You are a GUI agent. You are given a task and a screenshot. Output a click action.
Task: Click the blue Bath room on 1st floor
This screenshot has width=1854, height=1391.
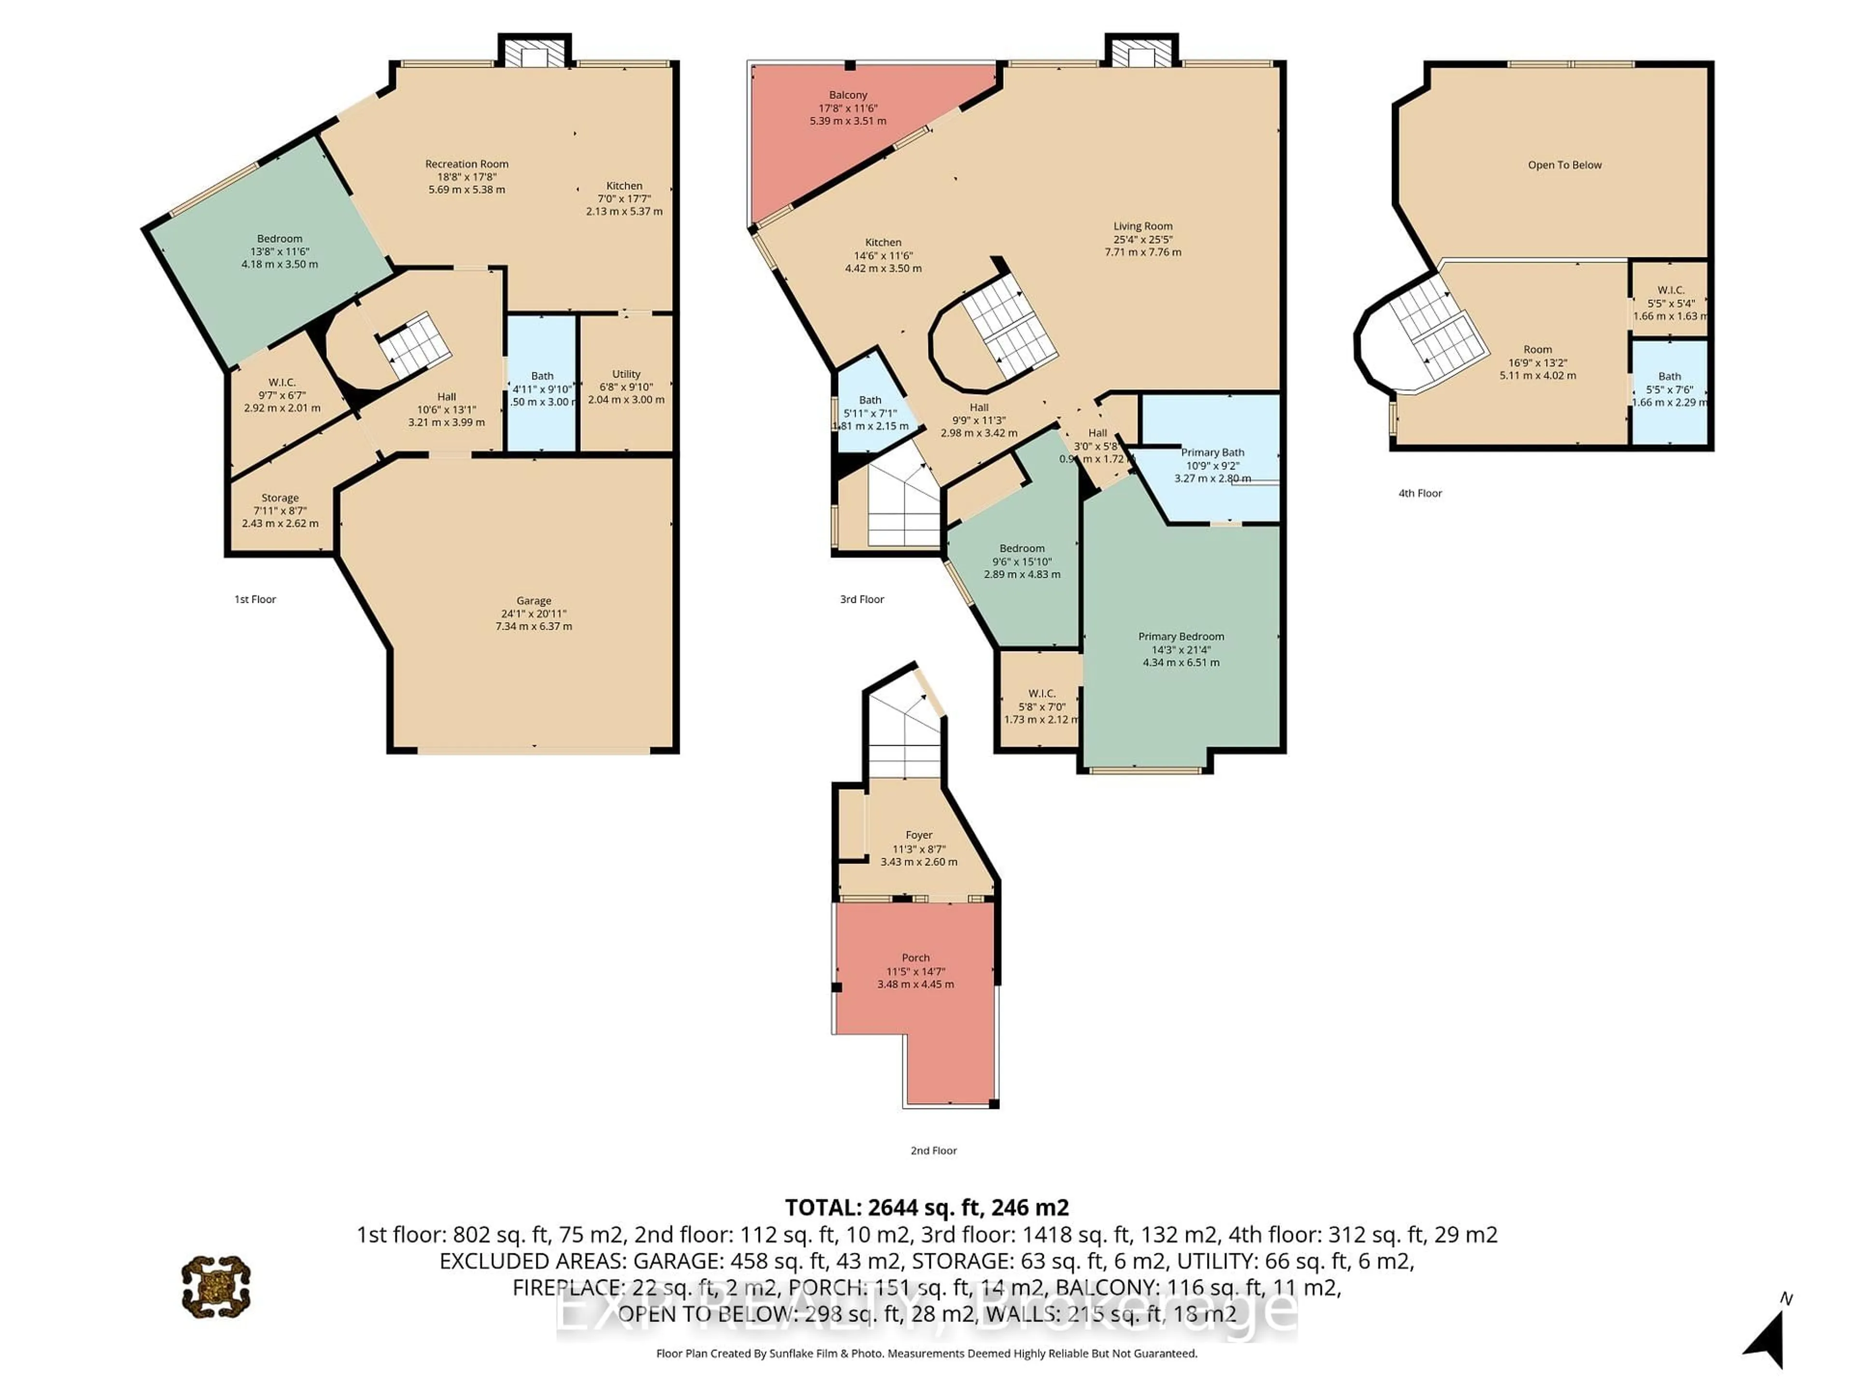click(x=541, y=387)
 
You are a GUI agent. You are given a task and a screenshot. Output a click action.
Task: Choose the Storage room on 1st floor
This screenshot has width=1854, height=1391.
click(x=280, y=510)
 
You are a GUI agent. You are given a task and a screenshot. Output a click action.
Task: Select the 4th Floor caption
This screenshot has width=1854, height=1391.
click(x=1420, y=493)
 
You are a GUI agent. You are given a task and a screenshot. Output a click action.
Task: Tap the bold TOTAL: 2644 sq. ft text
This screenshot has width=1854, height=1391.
click(x=926, y=1207)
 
